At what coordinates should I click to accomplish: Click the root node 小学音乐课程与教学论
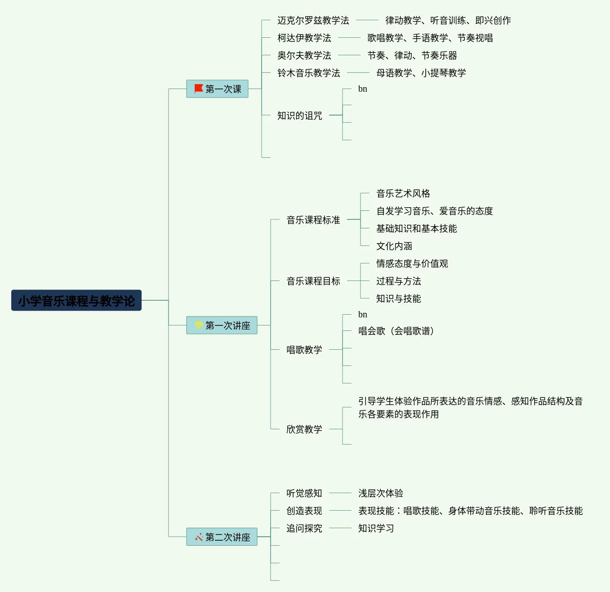pyautogui.click(x=76, y=300)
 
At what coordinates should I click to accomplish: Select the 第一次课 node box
pyautogui.click(x=217, y=89)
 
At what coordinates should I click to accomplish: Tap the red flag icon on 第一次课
pyautogui.click(x=198, y=89)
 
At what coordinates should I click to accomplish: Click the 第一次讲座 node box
pyautogui.click(x=222, y=325)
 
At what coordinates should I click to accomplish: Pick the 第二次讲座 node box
pyautogui.click(x=222, y=537)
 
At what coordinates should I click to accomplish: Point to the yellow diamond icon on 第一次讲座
pyautogui.click(x=198, y=325)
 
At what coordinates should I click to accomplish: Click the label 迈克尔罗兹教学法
pyautogui.click(x=313, y=20)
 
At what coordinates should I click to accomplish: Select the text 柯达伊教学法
pyautogui.click(x=304, y=38)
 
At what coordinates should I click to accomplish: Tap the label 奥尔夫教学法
pyautogui.click(x=304, y=55)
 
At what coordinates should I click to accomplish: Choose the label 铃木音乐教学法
pyautogui.click(x=308, y=73)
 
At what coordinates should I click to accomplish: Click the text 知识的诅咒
pyautogui.click(x=299, y=116)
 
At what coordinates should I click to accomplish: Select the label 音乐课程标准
pyautogui.click(x=313, y=220)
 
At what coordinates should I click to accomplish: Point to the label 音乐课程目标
pyautogui.click(x=313, y=281)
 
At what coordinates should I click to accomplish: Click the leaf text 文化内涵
pyautogui.click(x=394, y=246)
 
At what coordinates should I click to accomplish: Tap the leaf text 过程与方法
pyautogui.click(x=398, y=281)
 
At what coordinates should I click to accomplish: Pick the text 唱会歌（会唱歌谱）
pyautogui.click(x=396, y=331)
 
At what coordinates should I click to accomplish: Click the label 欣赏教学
pyautogui.click(x=304, y=429)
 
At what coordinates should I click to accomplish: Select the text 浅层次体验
pyautogui.click(x=380, y=493)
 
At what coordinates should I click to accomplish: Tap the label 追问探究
pyautogui.click(x=304, y=528)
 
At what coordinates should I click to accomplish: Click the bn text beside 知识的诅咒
pyautogui.click(x=362, y=89)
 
